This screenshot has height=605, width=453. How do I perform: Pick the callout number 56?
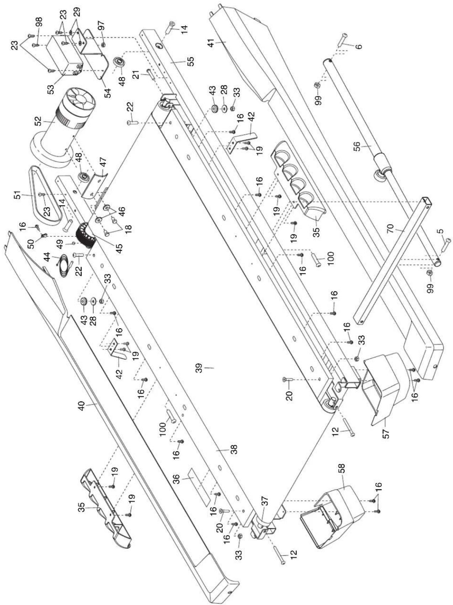(x=357, y=147)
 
